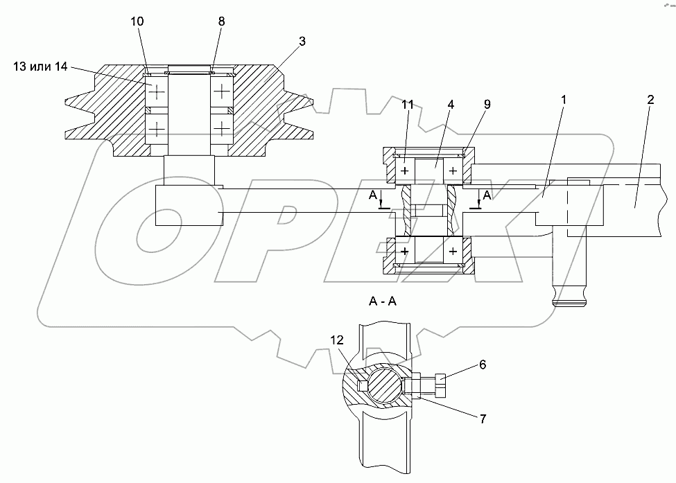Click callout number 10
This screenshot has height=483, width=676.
click(137, 21)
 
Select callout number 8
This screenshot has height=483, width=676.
click(221, 21)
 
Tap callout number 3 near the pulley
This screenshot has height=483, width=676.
click(302, 42)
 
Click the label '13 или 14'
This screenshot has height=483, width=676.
click(40, 67)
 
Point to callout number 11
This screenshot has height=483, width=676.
click(408, 105)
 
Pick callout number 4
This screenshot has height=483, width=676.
click(451, 105)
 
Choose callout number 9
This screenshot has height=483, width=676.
click(487, 104)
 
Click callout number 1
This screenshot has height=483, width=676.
click(564, 100)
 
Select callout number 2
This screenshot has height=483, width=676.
click(650, 100)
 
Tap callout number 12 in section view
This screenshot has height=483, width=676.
click(337, 340)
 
